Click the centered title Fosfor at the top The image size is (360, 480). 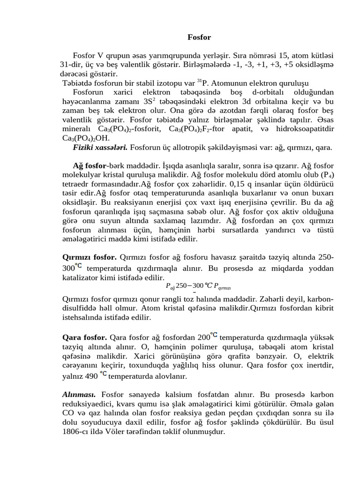(x=199, y=37)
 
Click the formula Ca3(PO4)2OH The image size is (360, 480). (x=85, y=138)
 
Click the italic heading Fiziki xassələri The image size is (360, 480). (x=100, y=148)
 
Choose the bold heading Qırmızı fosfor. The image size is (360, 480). (x=90, y=257)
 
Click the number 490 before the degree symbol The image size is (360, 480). (x=90, y=376)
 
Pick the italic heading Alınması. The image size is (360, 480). (x=79, y=395)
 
